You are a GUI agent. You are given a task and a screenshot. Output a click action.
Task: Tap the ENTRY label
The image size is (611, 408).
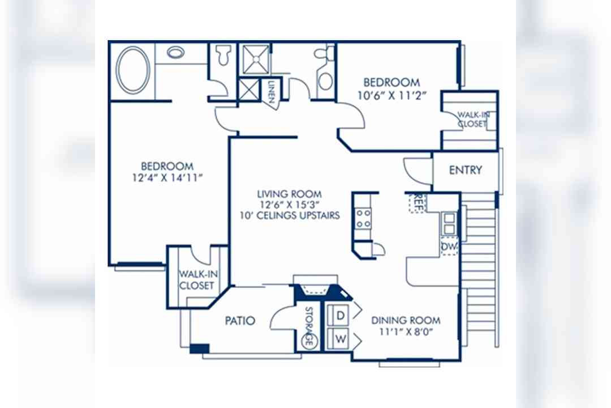(x=465, y=170)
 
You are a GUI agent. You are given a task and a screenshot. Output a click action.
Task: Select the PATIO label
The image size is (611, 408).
(x=240, y=321)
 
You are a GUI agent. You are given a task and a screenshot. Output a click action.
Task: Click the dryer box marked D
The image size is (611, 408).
(x=340, y=315)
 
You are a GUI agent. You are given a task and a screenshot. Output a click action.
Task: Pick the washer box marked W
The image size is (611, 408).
(x=340, y=338)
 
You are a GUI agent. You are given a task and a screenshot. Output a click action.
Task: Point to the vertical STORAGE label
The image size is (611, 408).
(x=309, y=326)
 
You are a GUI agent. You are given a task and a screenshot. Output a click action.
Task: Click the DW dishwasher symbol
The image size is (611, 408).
(x=449, y=246)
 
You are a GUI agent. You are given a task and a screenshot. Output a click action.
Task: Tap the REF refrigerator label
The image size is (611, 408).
(x=418, y=202)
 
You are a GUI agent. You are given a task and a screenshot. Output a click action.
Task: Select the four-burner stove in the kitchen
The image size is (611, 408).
(x=363, y=218)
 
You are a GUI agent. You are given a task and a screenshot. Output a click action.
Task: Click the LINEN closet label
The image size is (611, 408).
(x=271, y=92)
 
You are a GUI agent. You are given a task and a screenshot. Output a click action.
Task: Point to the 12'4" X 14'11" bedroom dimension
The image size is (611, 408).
(x=167, y=178)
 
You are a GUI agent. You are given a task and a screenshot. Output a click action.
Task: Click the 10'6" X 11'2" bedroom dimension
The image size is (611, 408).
(x=392, y=95)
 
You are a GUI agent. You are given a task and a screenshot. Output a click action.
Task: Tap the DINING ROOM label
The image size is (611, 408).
(x=406, y=321)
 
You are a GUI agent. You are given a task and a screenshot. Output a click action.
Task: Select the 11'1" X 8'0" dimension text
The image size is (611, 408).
(x=406, y=332)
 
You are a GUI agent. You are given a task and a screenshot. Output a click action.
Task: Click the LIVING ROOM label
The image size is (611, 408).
(x=289, y=194)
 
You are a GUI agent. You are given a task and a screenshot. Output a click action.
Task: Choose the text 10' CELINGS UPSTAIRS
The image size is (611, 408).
(x=290, y=215)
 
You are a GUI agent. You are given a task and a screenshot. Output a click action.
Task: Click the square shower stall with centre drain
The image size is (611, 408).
(x=256, y=59)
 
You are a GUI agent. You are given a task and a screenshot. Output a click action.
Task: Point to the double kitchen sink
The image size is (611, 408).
(x=449, y=223)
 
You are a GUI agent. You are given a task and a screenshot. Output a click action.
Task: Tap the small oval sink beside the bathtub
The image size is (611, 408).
(x=176, y=52)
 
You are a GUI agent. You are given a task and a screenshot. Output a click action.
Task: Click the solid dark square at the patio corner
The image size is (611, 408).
(x=200, y=348)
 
